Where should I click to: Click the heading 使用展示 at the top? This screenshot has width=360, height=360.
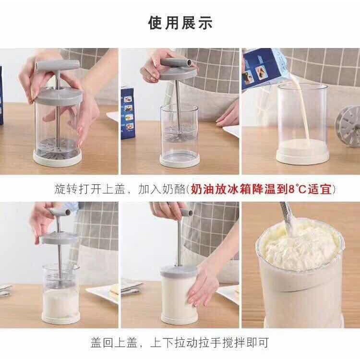point(180,23)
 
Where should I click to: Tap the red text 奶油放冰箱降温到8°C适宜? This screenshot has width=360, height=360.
point(262,190)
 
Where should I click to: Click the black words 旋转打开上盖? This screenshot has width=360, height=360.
point(90,190)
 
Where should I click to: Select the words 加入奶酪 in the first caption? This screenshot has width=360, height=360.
point(162,190)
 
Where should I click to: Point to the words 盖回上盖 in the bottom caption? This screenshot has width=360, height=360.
point(114,343)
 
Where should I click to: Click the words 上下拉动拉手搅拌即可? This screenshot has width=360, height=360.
point(210,343)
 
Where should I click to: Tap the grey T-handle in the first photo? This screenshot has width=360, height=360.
point(58,65)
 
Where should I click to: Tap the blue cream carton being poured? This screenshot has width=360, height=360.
point(264,67)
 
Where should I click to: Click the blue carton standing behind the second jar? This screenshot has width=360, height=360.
point(128,113)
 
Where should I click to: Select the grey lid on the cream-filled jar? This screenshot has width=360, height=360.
point(179,271)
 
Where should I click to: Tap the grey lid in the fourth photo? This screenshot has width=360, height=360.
point(59,238)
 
